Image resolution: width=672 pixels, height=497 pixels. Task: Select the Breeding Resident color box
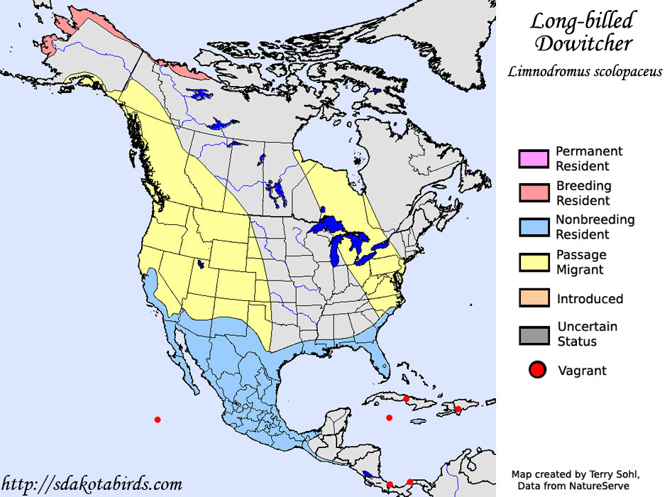click(534, 193)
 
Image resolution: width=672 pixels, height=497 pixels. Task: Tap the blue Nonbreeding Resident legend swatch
click(534, 227)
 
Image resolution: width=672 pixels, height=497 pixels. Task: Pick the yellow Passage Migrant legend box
click(534, 262)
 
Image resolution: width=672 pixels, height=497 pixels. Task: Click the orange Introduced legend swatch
click(534, 299)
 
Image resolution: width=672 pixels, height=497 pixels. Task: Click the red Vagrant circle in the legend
click(537, 370)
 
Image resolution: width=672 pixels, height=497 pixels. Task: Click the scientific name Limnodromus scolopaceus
click(585, 72)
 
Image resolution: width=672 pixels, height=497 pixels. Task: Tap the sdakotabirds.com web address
click(92, 485)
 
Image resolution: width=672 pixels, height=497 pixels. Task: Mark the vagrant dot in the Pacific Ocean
click(158, 420)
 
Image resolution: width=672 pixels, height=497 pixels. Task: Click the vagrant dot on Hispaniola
click(458, 409)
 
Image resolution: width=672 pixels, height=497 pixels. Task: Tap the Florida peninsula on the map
click(383, 355)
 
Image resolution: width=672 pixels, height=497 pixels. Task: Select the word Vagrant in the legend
click(582, 370)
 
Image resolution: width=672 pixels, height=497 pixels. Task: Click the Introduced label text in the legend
click(590, 299)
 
